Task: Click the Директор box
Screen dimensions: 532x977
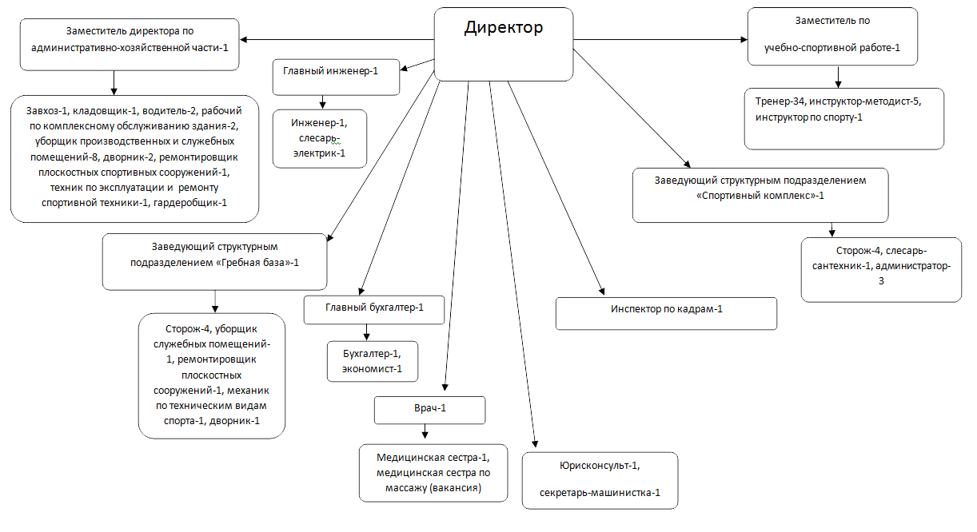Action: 503,44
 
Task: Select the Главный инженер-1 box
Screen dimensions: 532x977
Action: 336,77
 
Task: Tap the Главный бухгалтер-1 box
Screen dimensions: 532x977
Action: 373,309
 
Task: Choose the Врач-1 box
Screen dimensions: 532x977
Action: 430,410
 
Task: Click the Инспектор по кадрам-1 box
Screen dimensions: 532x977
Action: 666,313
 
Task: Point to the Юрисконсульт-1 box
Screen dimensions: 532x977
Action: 600,479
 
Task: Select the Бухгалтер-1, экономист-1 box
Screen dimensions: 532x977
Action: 373,361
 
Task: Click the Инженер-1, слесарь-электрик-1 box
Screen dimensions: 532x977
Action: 320,138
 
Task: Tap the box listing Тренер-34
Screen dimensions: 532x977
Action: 843,119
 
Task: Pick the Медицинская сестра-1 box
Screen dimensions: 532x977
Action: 433,472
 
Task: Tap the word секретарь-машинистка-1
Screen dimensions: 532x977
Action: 600,492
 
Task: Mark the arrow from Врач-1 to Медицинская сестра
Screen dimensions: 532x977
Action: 425,432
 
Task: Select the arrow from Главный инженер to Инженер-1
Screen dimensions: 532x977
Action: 323,102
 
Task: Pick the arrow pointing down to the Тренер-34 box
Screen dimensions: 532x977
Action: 839,77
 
